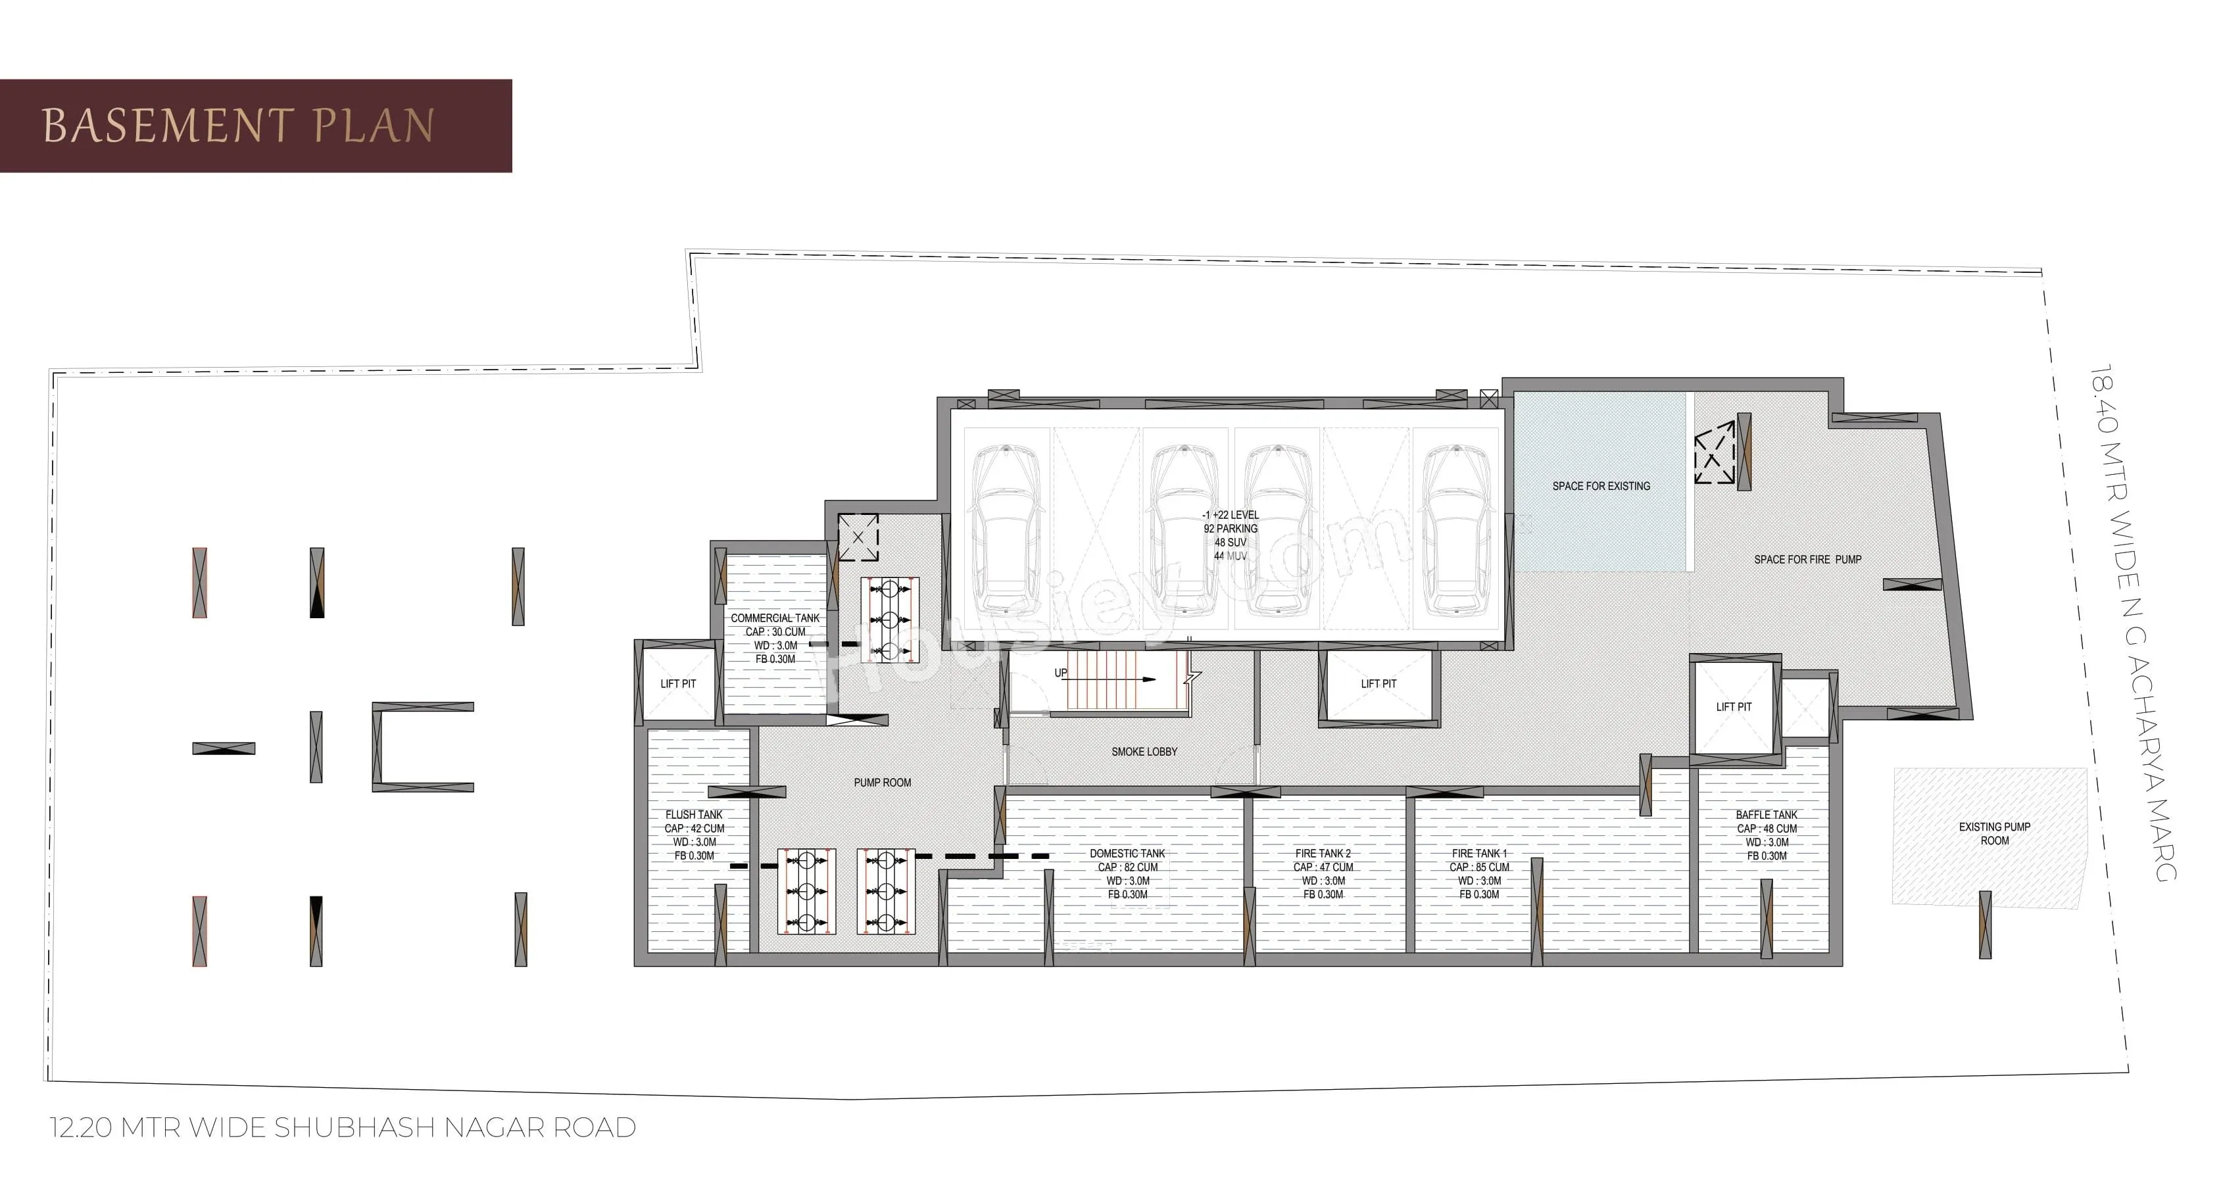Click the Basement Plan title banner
pos(256,126)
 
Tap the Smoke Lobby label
pos(1144,752)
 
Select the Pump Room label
pos(882,783)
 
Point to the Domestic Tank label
pos(1128,874)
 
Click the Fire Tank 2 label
pos(1323,874)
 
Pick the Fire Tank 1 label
pos(1480,874)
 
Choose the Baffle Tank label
pos(1767,835)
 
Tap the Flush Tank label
pos(694,835)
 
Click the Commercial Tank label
pos(775,639)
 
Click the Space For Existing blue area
pos(1599,482)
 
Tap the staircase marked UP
pos(1099,680)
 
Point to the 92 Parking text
pos(1231,529)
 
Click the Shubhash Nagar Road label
pos(343,1128)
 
